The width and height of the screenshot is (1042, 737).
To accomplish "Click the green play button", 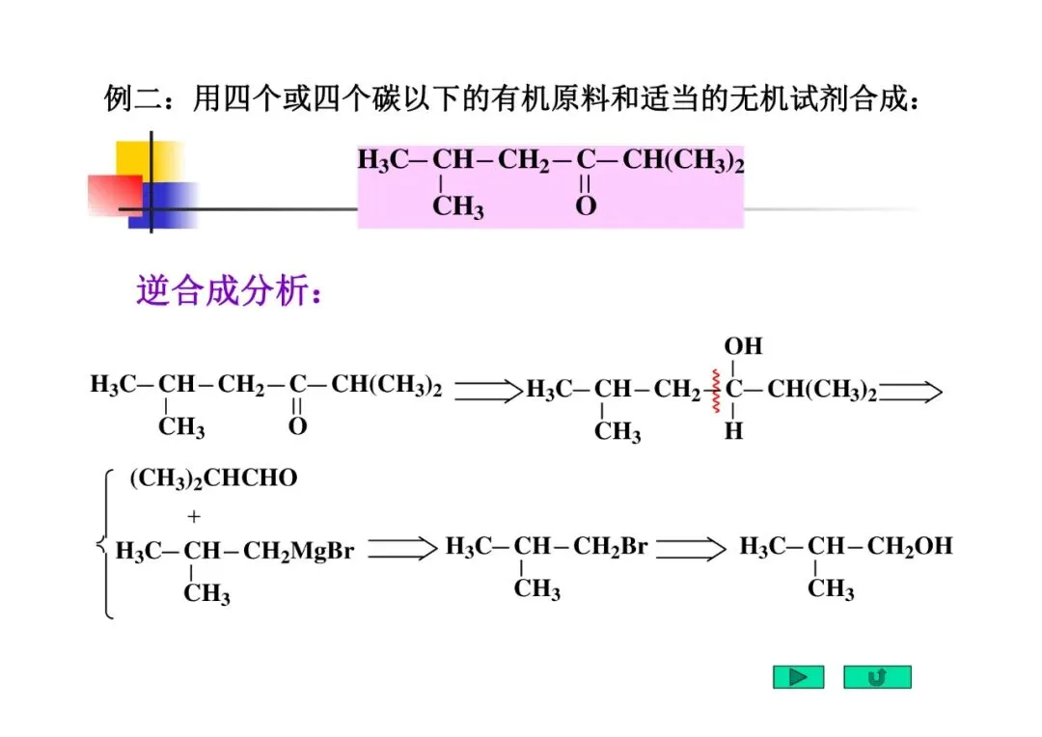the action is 798,677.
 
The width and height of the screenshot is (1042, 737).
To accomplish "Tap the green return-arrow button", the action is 877,677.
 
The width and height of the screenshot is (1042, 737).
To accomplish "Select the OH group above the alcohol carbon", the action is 743,346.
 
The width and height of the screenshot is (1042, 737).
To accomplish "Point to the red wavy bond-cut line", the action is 717,391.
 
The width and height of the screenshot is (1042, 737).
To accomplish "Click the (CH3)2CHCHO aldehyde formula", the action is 213,479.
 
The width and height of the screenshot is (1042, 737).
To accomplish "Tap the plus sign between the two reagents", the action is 194,516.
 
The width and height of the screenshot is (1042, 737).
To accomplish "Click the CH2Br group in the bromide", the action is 610,547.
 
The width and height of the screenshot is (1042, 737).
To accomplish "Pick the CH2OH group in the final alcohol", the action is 909,547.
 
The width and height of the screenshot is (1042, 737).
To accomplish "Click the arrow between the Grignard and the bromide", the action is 402,549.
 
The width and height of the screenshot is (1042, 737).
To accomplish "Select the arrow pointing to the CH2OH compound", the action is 691,549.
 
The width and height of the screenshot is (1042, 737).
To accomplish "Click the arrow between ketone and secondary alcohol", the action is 487,391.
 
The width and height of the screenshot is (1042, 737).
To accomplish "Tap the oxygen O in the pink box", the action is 586,205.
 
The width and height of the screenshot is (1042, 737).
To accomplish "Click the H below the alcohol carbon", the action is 734,432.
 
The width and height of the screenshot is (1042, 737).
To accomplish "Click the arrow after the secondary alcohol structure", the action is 911,391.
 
